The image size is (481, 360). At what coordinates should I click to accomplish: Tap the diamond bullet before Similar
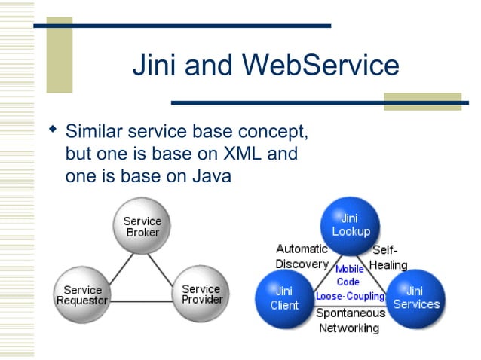52,130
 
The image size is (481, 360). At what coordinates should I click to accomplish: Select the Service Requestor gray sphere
82,294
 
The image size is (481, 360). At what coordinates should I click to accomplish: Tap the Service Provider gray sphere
201,294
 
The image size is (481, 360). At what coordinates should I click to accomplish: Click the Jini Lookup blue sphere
350,225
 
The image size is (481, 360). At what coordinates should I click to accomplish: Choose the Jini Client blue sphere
284,298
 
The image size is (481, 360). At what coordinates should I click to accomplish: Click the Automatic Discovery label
302,256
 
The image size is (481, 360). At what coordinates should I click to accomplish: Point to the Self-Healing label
388,257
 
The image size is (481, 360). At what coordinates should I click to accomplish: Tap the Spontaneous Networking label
349,320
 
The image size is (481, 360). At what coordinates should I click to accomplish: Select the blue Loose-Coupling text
350,296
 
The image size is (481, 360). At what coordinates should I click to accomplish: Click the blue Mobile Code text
349,274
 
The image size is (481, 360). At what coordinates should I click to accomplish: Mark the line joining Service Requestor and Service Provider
142,302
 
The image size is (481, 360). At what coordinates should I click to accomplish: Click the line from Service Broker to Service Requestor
114,261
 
